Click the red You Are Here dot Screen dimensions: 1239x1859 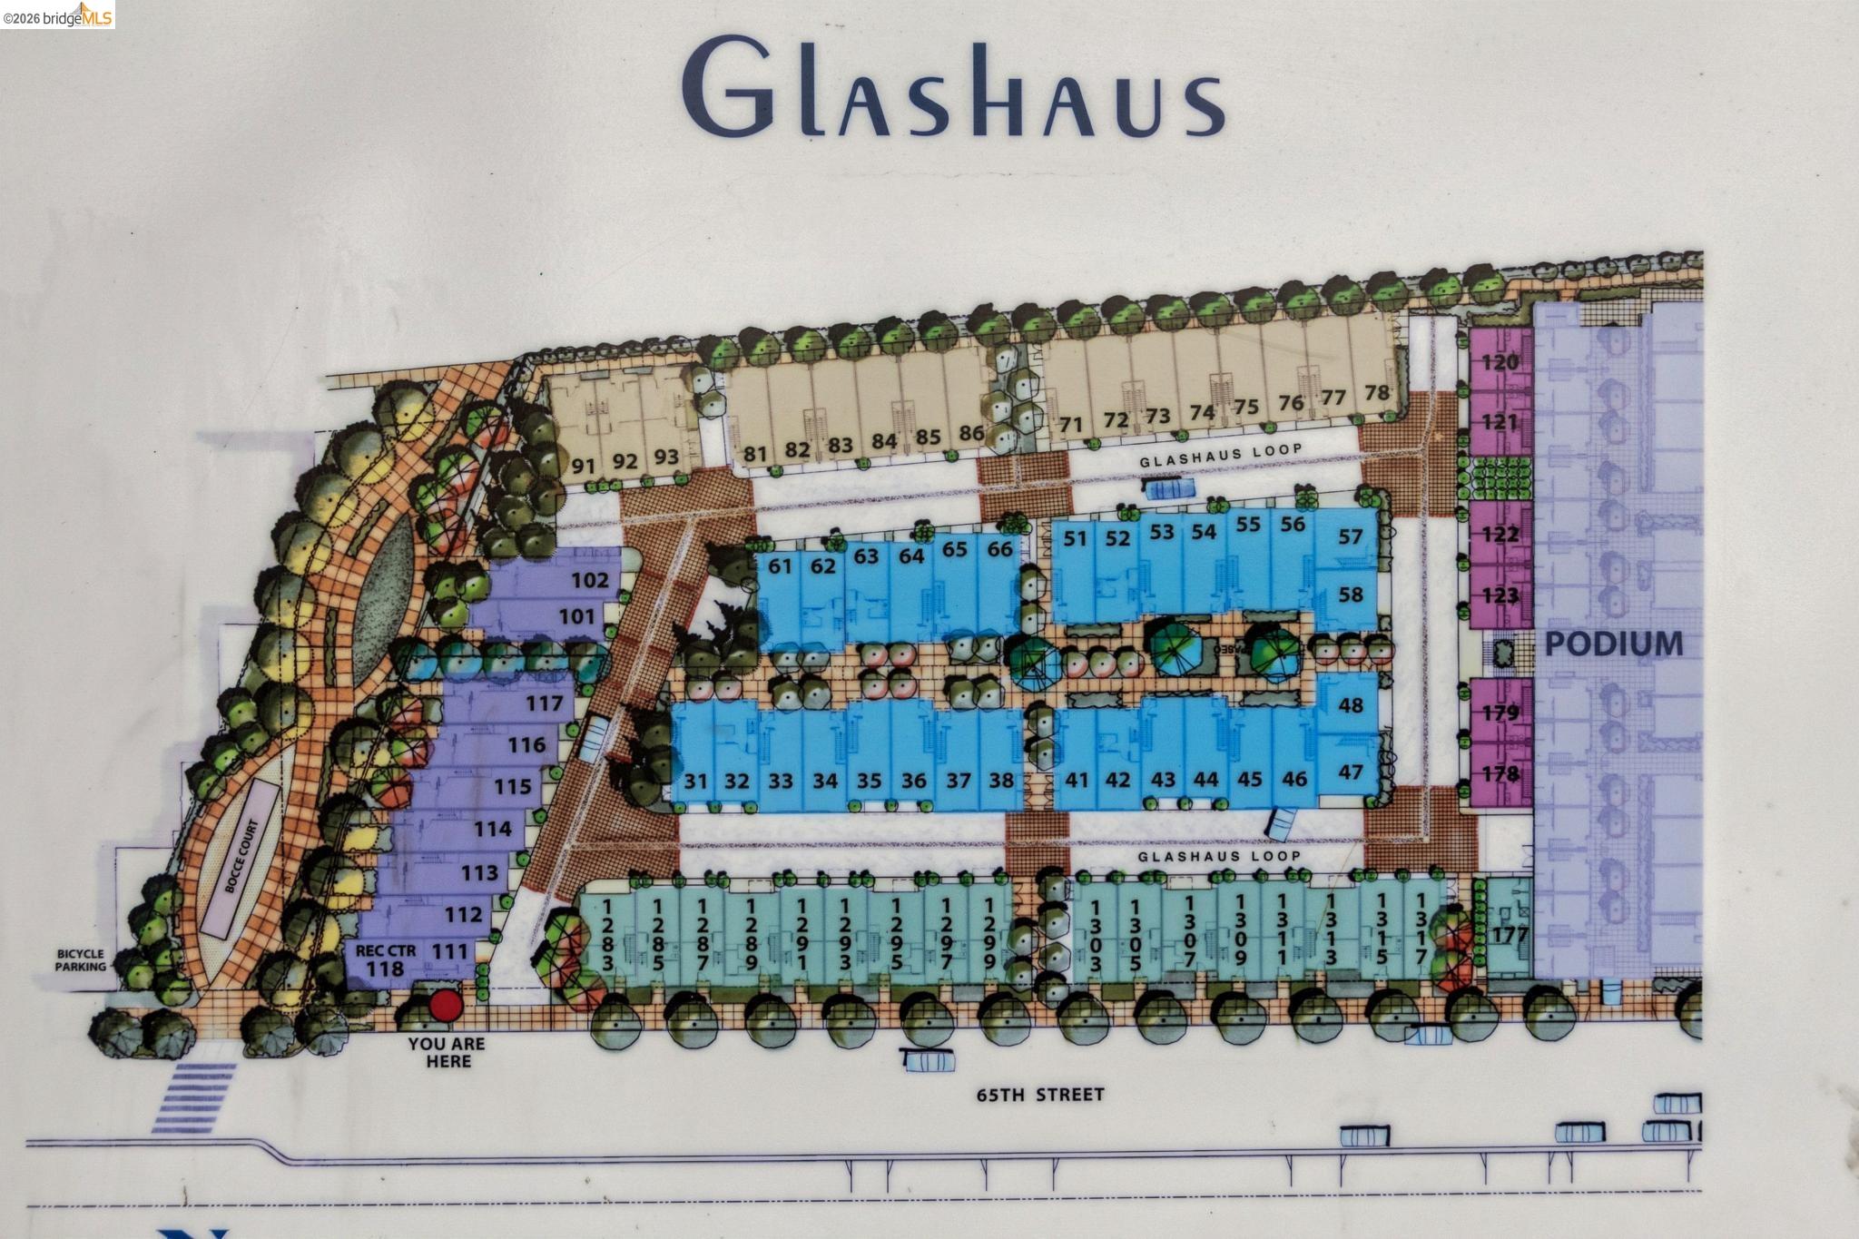tap(445, 1006)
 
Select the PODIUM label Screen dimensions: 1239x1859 tap(1613, 644)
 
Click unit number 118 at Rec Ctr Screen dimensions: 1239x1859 tap(385, 969)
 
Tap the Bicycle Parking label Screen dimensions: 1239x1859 tap(81, 960)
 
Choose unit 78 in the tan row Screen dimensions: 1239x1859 tap(1377, 393)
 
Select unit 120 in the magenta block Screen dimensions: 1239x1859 tap(1500, 362)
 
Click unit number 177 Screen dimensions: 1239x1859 tap(1510, 934)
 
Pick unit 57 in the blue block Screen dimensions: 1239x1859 tap(1351, 536)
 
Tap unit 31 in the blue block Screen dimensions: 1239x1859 tap(696, 781)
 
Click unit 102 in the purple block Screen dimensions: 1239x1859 tap(589, 580)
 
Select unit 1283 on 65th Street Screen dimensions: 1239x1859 tap(607, 934)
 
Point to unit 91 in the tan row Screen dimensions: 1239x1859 tap(584, 467)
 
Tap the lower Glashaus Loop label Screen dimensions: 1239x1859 tap(1219, 856)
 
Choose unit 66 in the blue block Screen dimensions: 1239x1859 tap(999, 549)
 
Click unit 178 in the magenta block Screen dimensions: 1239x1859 tap(1500, 773)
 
